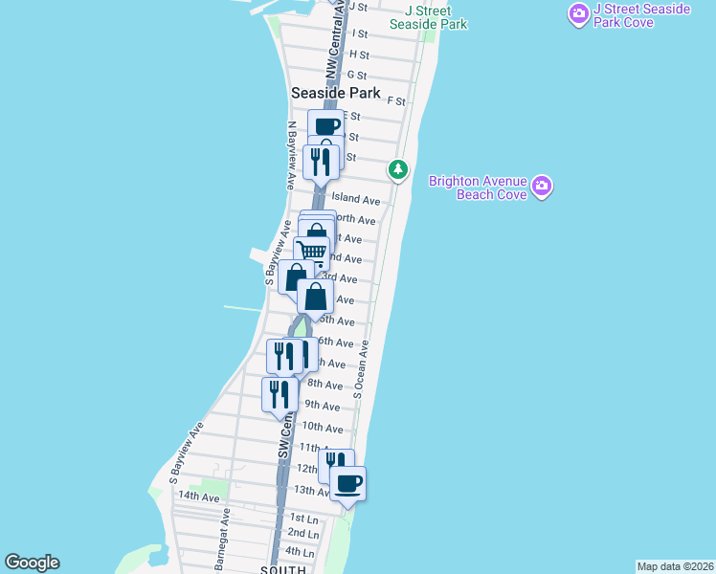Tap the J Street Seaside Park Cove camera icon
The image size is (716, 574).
pos(578,13)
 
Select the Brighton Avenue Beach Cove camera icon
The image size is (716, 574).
pos(542,185)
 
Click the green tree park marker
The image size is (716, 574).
pos(397,169)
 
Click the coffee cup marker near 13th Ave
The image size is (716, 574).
pos(347,482)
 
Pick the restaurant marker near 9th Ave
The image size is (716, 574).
pos(280,394)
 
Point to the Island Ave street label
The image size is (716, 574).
pos(356,200)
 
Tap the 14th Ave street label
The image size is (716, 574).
pos(198,497)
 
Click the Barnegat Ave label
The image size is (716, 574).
pos(223,540)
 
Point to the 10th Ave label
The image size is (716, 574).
pos(323,428)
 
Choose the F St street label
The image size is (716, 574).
pos(396,99)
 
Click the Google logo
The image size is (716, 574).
pos(32,563)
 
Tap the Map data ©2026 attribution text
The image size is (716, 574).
pos(675,566)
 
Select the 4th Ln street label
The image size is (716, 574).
pos(300,552)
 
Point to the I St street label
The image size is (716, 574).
pos(360,33)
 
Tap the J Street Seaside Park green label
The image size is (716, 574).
pos(428,17)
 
